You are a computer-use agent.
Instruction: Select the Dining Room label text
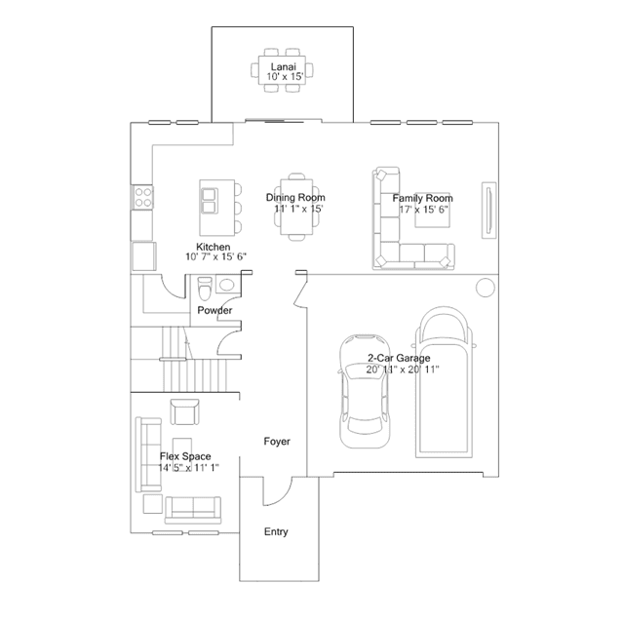pyautogui.click(x=295, y=198)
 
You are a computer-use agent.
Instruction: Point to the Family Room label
pyautogui.click(x=423, y=198)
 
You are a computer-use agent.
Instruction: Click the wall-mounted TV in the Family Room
pyautogui.click(x=487, y=207)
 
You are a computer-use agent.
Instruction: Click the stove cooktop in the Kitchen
pyautogui.click(x=142, y=198)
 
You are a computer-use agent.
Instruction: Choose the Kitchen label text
pyautogui.click(x=213, y=247)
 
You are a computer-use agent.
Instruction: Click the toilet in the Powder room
pyautogui.click(x=203, y=290)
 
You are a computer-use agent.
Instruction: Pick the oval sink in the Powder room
pyautogui.click(x=227, y=286)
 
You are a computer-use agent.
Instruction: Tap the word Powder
pyautogui.click(x=214, y=310)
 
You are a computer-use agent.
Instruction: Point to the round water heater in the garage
pyautogui.click(x=484, y=288)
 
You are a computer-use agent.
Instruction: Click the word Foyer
pyautogui.click(x=277, y=442)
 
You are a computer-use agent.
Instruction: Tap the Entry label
pyautogui.click(x=276, y=531)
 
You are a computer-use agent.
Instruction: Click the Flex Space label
pyautogui.click(x=184, y=455)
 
